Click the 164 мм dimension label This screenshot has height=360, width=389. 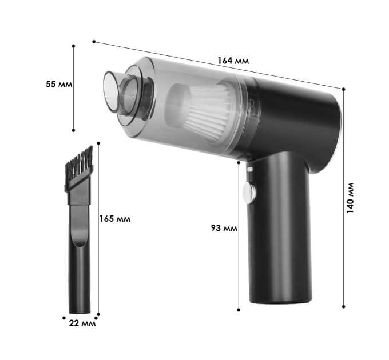233,61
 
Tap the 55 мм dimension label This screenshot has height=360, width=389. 59,84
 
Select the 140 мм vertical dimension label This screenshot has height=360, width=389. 350,198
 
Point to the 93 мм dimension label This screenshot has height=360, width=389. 224,228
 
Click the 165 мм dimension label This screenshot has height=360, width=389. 115,219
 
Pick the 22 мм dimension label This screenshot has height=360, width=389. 82,323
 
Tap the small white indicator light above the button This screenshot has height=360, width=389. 250,170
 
